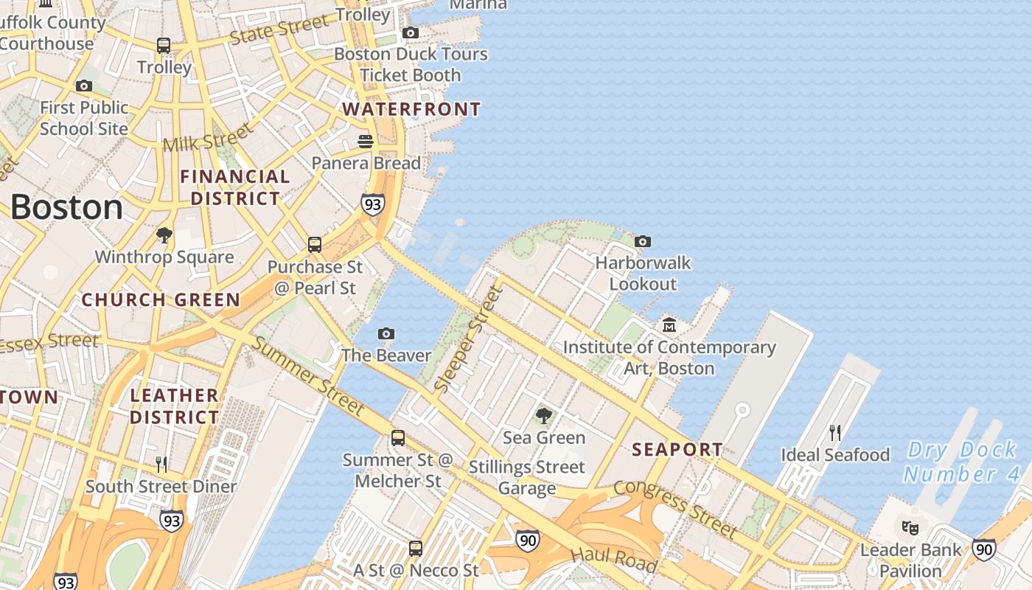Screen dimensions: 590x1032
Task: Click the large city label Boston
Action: point(66,208)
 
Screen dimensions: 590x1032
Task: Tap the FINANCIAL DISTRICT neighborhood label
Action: point(235,187)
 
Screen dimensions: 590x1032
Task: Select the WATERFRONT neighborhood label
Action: point(411,110)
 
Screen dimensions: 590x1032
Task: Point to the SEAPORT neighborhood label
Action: point(677,449)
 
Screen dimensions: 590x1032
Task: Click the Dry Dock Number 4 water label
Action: point(962,462)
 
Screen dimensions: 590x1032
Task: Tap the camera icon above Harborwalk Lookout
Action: point(643,241)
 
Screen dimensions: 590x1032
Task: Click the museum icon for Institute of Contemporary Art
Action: point(669,324)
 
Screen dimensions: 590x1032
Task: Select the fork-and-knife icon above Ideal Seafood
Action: point(835,432)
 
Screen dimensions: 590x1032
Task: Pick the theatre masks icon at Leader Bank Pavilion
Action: point(911,527)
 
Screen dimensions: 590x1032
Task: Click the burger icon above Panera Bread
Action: point(366,141)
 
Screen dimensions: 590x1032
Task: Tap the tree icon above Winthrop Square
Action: point(164,235)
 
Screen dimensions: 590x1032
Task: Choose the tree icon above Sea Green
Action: point(544,416)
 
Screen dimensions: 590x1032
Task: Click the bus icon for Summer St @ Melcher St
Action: point(398,438)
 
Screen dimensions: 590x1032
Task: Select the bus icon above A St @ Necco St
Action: point(416,548)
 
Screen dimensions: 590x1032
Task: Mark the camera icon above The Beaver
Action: point(386,334)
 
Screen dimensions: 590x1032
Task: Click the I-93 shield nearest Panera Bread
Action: point(373,204)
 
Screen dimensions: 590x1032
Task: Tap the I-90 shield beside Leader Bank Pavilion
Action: point(983,549)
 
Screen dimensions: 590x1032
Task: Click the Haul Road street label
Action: point(613,558)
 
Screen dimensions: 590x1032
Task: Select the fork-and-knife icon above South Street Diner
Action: point(161,464)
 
